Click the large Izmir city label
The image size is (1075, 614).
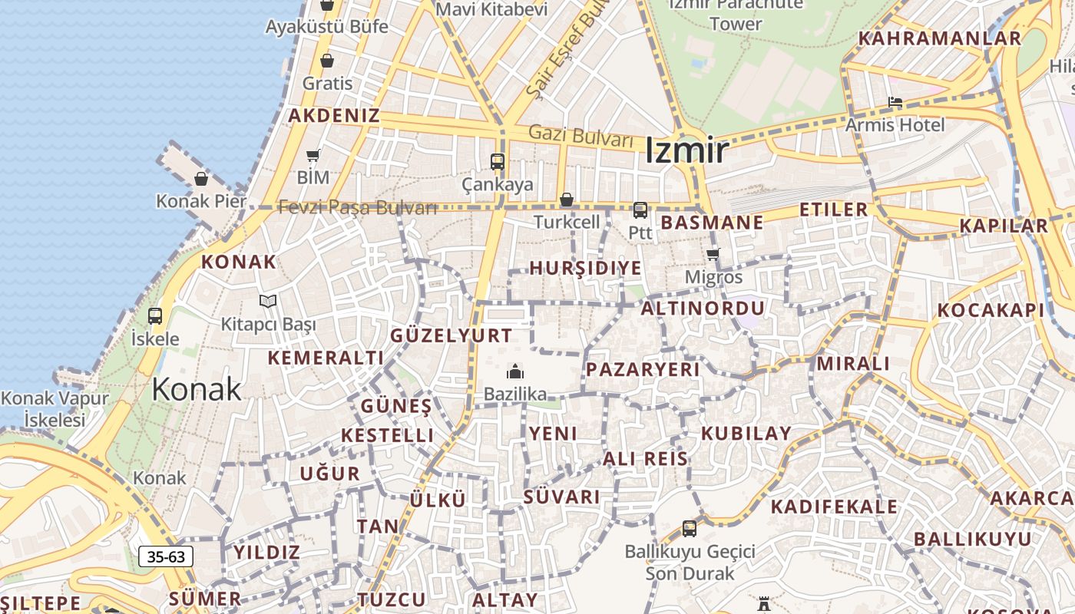686,150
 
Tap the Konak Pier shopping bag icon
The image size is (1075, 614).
201,179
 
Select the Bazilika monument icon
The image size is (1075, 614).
514,372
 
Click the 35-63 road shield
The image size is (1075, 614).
166,556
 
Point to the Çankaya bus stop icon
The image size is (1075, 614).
498,162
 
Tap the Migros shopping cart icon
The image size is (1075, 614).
713,254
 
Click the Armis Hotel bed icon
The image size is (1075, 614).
895,101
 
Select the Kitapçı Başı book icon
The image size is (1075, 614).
267,301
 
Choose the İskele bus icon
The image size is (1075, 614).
155,315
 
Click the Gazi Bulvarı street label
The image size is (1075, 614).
581,137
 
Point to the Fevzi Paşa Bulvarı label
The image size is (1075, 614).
358,207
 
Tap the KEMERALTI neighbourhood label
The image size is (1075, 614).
326,358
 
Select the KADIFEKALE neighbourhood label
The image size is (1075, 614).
834,507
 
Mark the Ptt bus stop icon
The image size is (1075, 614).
640,210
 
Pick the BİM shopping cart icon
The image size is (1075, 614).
313,156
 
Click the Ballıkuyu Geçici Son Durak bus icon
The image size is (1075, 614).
690,529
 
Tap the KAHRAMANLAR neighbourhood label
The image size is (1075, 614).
940,38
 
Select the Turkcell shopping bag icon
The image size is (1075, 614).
567,200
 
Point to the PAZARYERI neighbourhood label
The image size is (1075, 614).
643,369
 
